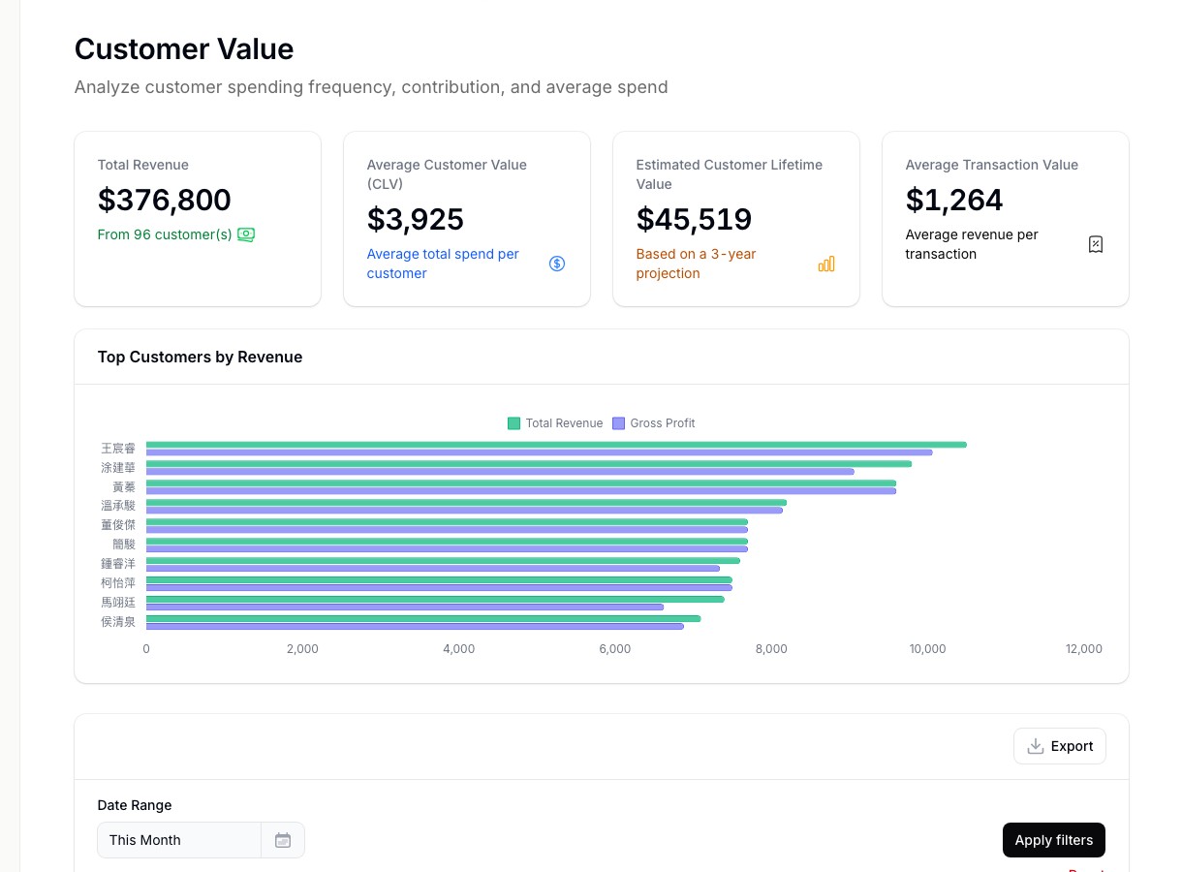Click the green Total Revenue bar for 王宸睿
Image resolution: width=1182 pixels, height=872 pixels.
[x=556, y=445]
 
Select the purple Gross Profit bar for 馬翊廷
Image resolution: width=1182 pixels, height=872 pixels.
[x=405, y=607]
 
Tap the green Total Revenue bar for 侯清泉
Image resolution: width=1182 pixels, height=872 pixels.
[x=422, y=618]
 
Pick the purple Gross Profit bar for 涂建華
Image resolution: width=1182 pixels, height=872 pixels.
[x=500, y=472]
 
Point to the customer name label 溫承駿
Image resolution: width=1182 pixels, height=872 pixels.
[x=118, y=506]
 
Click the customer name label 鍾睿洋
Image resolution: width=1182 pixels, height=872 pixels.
[x=118, y=564]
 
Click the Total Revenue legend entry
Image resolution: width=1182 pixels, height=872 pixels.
[x=555, y=423]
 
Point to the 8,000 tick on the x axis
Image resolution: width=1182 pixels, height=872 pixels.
[x=771, y=649]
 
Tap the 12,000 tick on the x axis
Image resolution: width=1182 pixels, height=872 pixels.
[x=1083, y=649]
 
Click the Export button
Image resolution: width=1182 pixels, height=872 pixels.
[x=1059, y=746]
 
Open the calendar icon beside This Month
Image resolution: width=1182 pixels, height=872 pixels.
[x=283, y=840]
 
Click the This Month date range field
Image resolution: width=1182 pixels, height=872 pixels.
[x=179, y=840]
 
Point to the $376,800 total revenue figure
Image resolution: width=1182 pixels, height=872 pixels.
[x=165, y=200]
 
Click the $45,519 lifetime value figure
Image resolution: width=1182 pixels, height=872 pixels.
[x=694, y=219]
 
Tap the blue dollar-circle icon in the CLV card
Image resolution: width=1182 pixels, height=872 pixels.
[x=557, y=264]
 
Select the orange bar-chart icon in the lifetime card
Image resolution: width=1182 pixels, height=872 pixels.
[x=826, y=264]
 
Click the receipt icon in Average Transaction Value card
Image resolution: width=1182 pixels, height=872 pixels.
[x=1096, y=244]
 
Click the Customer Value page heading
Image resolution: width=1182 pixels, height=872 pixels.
[x=184, y=49]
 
